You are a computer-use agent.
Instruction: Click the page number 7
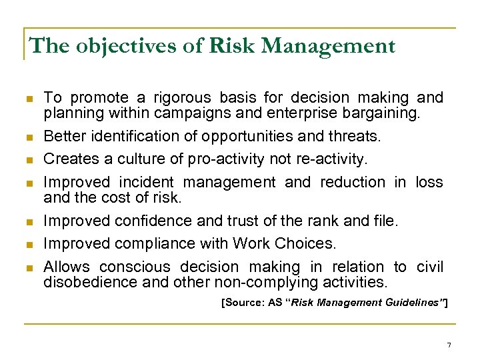point(449,345)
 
